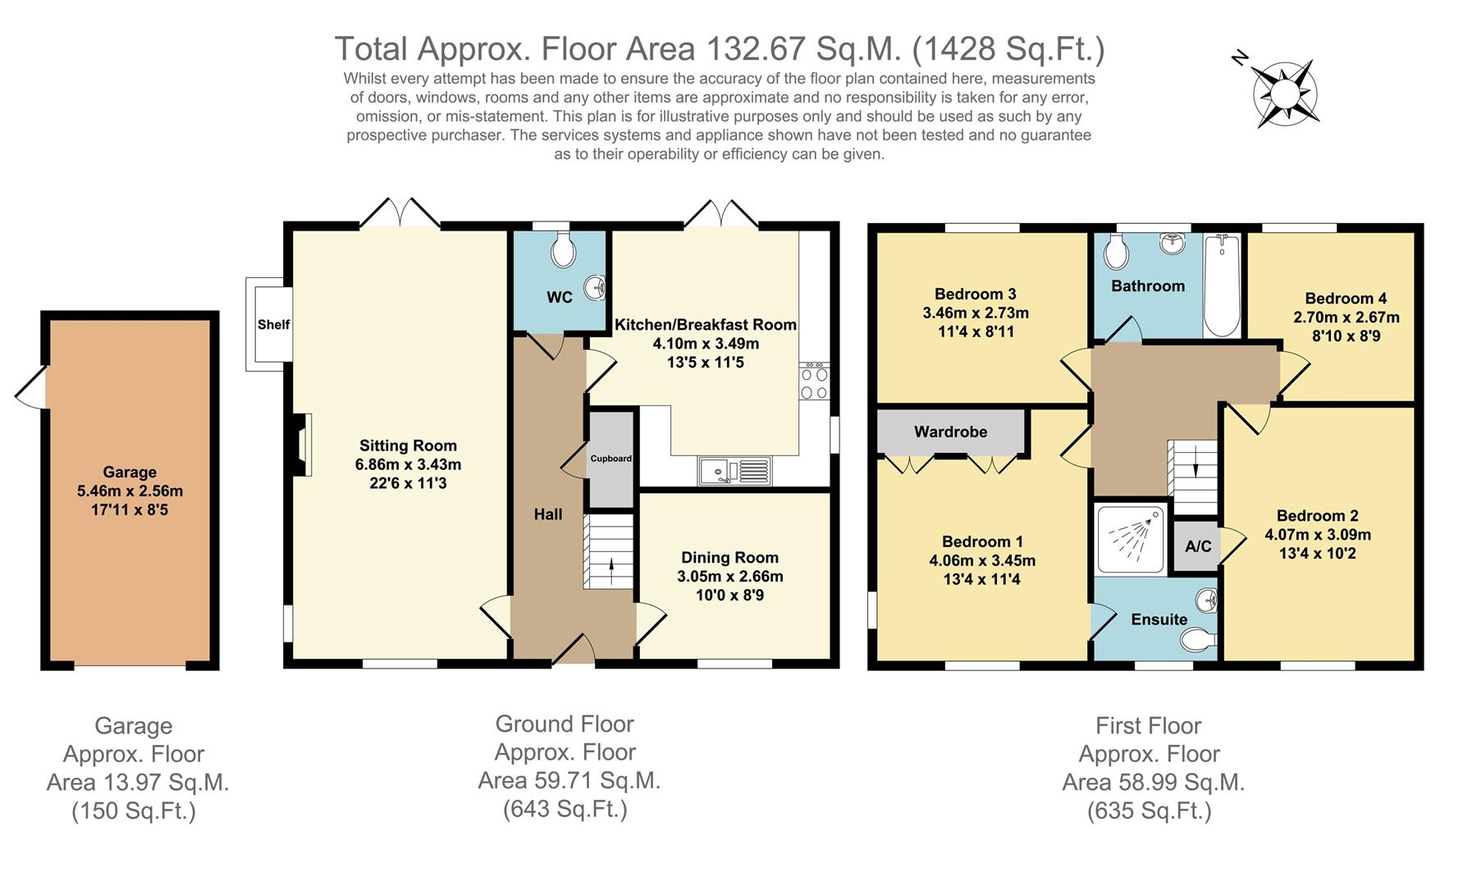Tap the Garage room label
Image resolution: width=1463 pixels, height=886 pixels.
click(x=130, y=472)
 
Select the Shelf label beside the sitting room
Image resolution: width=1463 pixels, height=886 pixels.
click(x=273, y=324)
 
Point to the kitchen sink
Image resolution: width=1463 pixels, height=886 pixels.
click(x=734, y=471)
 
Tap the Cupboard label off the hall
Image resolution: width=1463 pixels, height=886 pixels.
click(x=611, y=459)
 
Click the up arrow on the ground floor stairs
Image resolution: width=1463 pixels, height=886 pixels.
click(x=611, y=571)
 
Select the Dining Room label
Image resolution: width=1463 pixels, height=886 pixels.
click(x=729, y=558)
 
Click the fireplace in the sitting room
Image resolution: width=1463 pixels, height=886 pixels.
click(x=304, y=444)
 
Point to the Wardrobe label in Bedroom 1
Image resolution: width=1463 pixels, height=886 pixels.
click(x=951, y=432)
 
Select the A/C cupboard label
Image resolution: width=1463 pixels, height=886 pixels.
click(x=1198, y=546)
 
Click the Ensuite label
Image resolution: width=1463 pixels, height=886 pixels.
click(x=1159, y=619)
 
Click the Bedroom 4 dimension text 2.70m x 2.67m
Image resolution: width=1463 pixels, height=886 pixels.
click(x=1346, y=317)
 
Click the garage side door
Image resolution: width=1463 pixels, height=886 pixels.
click(x=30, y=386)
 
